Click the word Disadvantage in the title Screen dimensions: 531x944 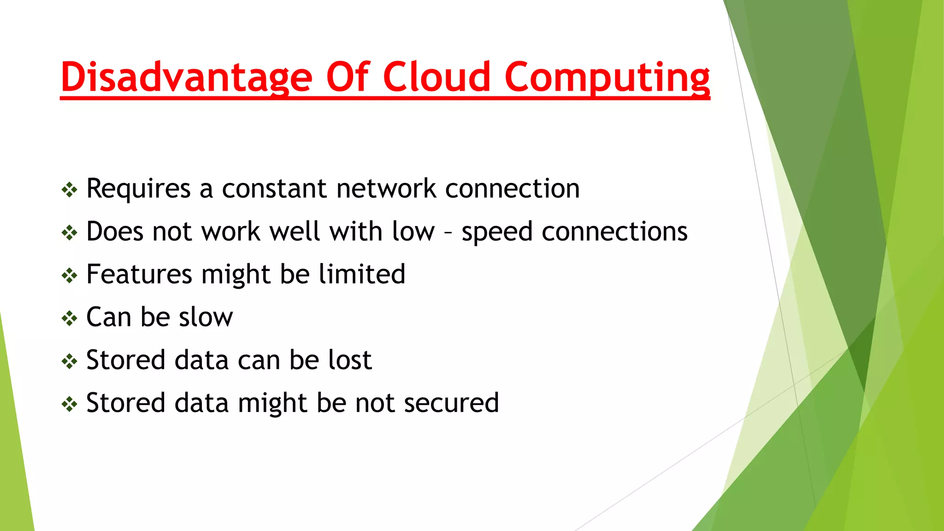pos(187,77)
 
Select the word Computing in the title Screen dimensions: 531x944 pos(607,77)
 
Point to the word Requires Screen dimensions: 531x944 pos(138,189)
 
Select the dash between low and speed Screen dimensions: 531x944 pos(448,232)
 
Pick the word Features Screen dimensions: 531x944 pos(139,274)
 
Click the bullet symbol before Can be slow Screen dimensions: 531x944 pos(70,318)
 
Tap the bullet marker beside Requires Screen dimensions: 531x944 pos(70,189)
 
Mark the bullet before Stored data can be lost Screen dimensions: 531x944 pos(70,361)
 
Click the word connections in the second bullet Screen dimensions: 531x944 pos(614,231)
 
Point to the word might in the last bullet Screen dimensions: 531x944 pos(272,404)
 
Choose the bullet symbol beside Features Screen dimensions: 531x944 pos(70,275)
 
